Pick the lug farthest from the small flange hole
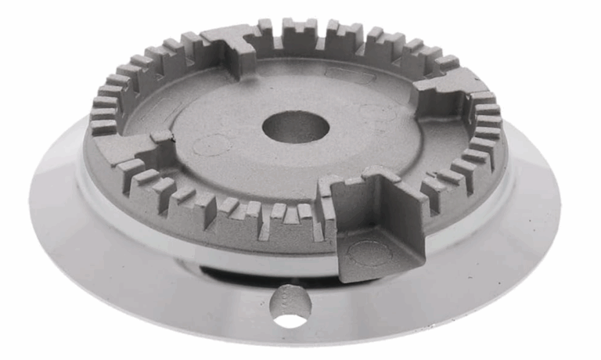click(235, 43)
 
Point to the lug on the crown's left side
click(145, 149)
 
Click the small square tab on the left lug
click(163, 137)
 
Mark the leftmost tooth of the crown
click(103, 125)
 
